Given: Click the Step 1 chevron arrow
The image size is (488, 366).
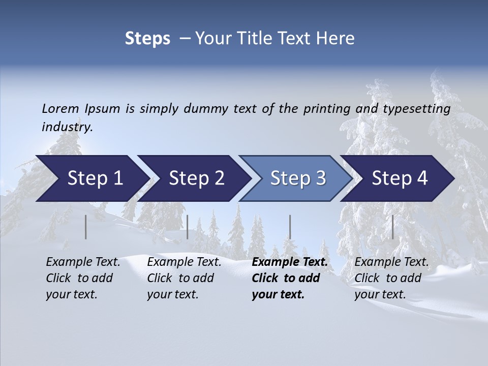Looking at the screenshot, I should click(x=94, y=178).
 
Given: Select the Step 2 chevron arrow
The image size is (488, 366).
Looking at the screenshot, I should click(x=196, y=178).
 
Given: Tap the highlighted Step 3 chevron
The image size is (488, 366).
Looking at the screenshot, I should click(x=297, y=178).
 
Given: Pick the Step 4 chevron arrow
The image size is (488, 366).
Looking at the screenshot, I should click(x=400, y=178).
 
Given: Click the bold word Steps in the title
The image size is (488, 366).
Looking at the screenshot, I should click(x=147, y=38).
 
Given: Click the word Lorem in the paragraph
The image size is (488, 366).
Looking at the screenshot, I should click(x=60, y=108).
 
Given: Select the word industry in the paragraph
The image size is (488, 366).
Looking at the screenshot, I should click(x=67, y=127).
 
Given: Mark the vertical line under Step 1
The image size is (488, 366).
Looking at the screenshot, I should click(x=86, y=227).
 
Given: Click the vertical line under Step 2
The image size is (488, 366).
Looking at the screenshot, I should click(x=188, y=227).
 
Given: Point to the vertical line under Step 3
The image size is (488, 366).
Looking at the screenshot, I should click(x=290, y=227).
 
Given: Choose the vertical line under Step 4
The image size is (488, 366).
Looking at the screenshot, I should click(x=392, y=227).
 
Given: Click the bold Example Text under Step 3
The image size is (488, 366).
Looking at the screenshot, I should click(x=290, y=262).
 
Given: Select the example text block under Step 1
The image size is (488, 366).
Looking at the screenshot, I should click(x=83, y=278).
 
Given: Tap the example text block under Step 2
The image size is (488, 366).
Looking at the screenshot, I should click(x=184, y=278).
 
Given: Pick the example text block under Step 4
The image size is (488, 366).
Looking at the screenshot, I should click(x=391, y=278).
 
